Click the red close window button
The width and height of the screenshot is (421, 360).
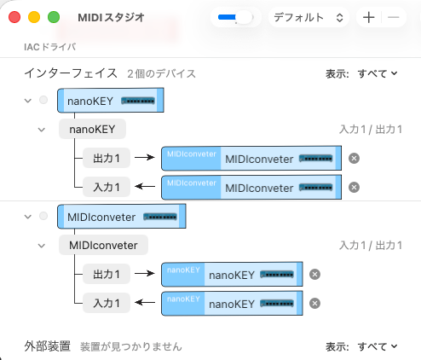click(15, 17)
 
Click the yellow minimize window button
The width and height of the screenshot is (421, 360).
click(34, 17)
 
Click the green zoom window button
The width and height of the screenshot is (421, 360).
click(53, 17)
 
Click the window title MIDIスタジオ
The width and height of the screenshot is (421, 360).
click(111, 17)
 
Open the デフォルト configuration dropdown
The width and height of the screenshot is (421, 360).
click(308, 17)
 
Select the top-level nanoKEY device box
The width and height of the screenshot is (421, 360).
click(109, 101)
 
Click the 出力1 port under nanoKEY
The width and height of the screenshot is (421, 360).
click(107, 159)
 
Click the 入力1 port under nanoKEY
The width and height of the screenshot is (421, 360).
click(107, 187)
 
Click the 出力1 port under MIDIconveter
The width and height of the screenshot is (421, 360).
click(107, 274)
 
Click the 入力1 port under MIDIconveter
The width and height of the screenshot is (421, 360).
click(107, 302)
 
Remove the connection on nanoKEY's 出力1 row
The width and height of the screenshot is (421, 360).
click(355, 159)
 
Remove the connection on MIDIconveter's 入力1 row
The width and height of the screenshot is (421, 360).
click(314, 303)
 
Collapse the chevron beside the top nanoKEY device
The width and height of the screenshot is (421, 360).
click(28, 101)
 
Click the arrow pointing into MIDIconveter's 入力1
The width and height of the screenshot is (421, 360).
click(146, 302)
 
